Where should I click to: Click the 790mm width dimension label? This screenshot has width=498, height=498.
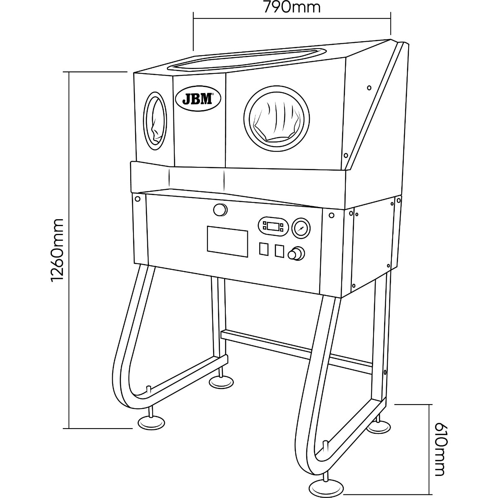click(x=292, y=7)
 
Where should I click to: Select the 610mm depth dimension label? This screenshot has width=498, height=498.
click(x=439, y=449)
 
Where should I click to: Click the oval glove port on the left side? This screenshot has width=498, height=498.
click(x=155, y=121)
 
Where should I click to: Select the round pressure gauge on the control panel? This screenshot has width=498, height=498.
click(x=301, y=228)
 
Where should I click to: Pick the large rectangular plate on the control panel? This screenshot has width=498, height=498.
click(x=227, y=241)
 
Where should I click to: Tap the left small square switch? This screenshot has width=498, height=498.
click(x=264, y=249)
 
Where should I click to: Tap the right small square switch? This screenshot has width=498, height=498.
click(x=279, y=251)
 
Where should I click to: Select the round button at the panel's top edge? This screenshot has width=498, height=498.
click(x=220, y=209)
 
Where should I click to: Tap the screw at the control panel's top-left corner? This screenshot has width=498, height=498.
click(x=138, y=199)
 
